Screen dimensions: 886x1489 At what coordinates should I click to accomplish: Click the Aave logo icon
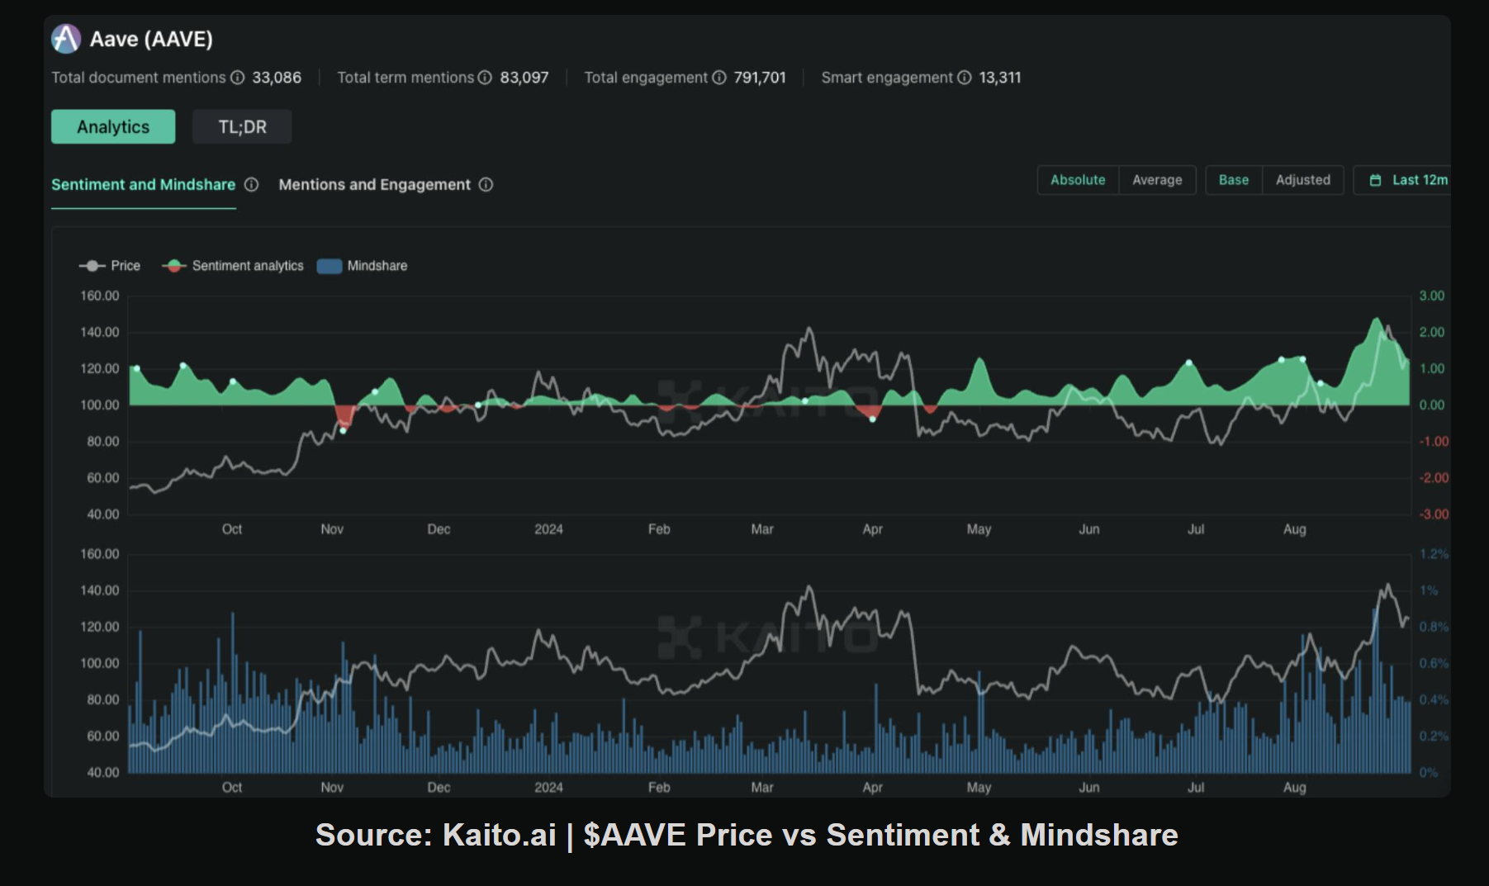(66, 39)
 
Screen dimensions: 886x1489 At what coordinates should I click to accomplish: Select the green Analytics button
(113, 127)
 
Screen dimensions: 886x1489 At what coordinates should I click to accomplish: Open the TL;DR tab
(242, 127)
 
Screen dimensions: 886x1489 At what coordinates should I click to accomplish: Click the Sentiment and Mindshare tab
(143, 185)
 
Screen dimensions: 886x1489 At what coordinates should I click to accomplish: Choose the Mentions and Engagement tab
(374, 185)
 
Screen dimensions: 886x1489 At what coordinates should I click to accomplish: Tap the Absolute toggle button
(1077, 180)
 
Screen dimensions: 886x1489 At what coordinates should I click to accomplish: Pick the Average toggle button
(1156, 180)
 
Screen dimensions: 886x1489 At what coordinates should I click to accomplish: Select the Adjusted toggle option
(1302, 180)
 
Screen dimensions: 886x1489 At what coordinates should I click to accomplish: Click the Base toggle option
(1233, 180)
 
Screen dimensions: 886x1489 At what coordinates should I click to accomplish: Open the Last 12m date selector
(1408, 180)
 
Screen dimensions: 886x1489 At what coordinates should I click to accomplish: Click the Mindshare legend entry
(363, 266)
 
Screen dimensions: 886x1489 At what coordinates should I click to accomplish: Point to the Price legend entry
(110, 266)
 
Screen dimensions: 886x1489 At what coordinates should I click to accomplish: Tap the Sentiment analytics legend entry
(233, 266)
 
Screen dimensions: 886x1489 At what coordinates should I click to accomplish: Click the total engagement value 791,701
(759, 78)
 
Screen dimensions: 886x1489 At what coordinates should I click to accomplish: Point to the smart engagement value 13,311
(999, 78)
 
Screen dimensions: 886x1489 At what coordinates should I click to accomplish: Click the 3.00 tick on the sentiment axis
(1431, 296)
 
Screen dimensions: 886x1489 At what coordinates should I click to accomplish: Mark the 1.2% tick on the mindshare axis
(1433, 554)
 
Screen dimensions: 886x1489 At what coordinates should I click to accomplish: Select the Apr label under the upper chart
(872, 529)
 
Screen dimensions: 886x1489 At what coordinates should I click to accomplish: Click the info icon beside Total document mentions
(238, 78)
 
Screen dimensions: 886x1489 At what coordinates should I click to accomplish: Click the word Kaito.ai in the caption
(499, 835)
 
